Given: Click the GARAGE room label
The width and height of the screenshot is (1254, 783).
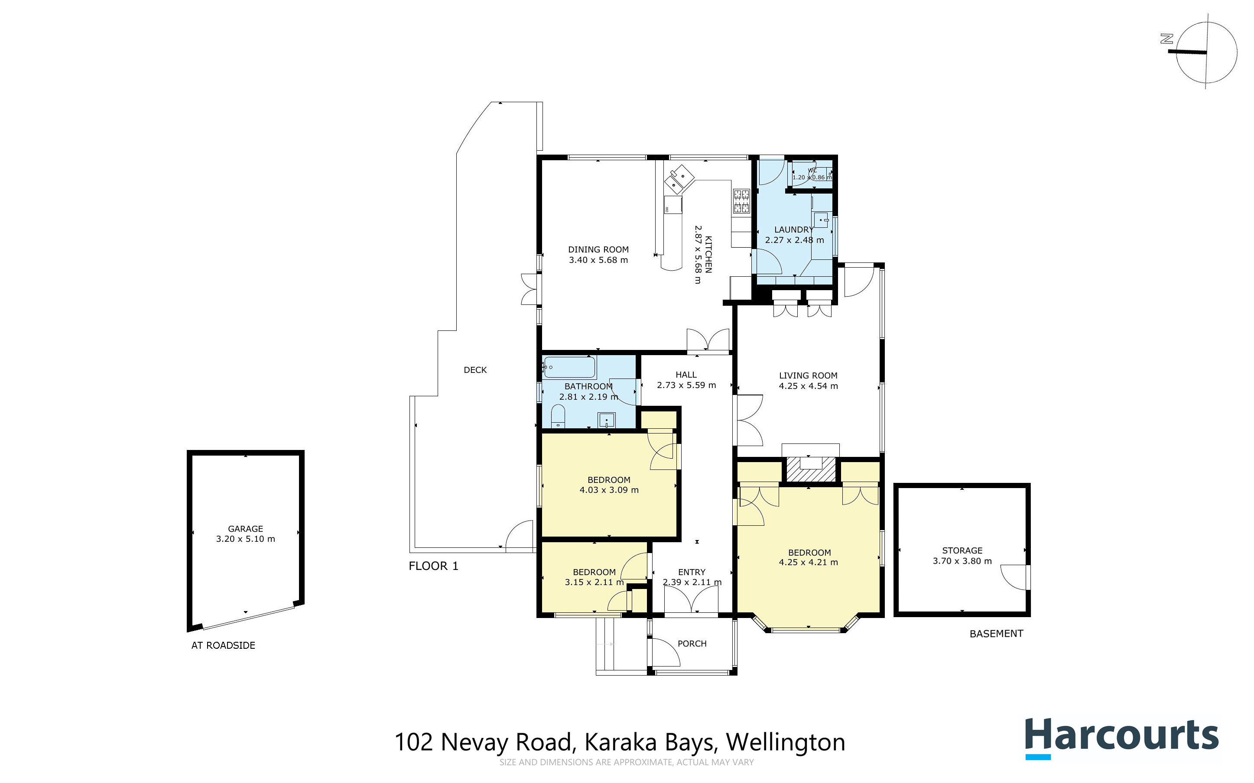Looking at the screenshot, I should (x=246, y=529).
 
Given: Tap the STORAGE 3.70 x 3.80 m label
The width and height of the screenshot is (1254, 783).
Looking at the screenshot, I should (x=962, y=556).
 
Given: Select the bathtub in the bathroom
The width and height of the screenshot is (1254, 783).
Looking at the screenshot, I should (x=569, y=367).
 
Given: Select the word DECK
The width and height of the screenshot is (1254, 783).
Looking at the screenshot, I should (x=475, y=370).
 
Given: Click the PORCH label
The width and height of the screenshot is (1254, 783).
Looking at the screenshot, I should (x=692, y=644).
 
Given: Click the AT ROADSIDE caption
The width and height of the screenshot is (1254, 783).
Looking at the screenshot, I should (x=223, y=645).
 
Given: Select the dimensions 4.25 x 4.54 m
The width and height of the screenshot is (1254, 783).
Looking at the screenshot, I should (x=808, y=386).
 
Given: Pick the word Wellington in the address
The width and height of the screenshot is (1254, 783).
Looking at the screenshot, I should (x=785, y=742).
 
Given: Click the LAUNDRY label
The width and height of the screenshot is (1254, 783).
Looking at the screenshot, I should (x=793, y=230).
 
